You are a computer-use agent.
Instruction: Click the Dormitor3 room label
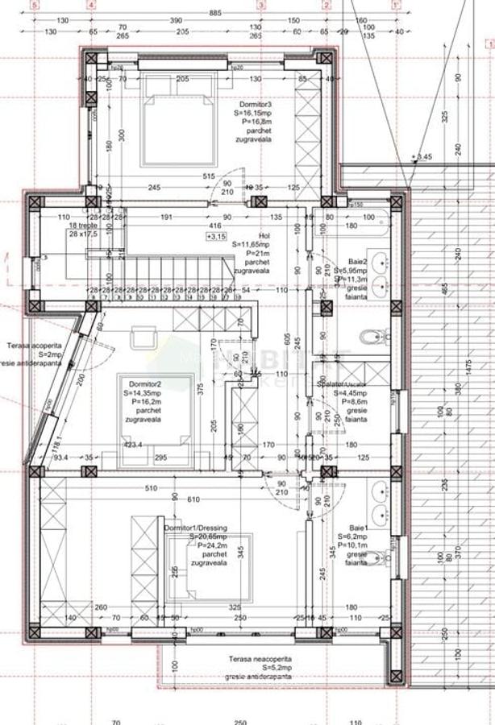(255, 105)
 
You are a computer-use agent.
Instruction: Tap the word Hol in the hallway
(239, 235)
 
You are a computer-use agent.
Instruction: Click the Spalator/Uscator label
(342, 386)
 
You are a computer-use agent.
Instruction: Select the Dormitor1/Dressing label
(196, 528)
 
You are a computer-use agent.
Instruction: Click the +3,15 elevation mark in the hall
(215, 237)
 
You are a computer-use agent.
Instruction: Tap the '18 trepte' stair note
(82, 226)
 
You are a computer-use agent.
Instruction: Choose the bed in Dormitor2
(153, 419)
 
